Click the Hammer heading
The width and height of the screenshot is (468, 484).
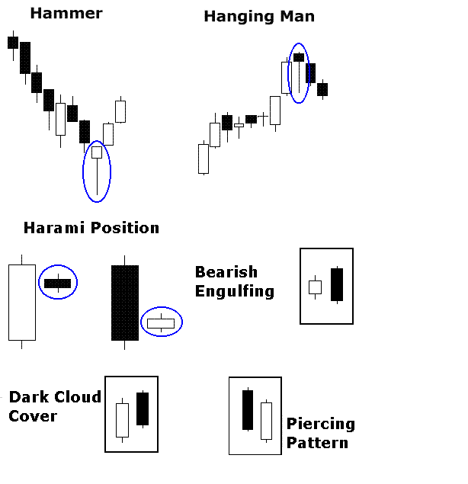pos(66,13)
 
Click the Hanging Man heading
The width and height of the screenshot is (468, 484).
pos(258,16)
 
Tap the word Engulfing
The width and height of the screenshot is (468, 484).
pos(234,290)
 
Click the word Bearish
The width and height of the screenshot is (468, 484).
pos(226,272)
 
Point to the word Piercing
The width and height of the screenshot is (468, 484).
pos(321,424)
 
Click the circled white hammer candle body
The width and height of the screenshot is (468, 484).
pos(97,152)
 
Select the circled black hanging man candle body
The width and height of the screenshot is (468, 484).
pos(299,57)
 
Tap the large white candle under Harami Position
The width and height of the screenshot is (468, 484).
pos(22,302)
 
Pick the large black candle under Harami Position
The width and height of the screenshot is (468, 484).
pos(125,303)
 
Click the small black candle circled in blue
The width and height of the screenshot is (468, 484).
pos(57,284)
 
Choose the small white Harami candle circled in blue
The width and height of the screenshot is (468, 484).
pos(161,323)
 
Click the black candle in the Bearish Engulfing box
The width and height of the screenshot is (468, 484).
pos(337,284)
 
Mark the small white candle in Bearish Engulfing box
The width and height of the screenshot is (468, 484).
pos(315,287)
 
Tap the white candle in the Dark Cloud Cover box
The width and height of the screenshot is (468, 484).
pos(122,419)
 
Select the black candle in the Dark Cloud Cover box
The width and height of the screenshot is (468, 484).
pos(143,409)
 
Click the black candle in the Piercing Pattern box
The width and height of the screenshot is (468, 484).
pos(247,410)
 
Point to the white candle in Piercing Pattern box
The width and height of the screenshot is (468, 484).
pos(266,421)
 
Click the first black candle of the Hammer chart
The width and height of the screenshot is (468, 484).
pos(13,43)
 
